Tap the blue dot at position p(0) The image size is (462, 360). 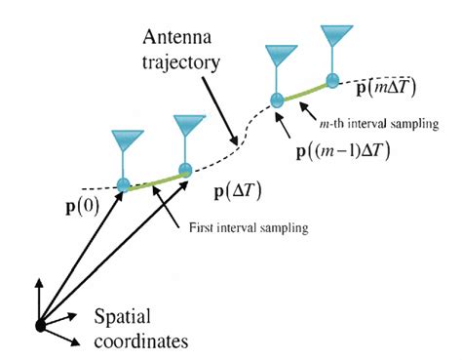tap(123, 184)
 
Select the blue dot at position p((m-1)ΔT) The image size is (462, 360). tap(276, 99)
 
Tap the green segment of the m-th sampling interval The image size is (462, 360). tap(304, 90)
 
